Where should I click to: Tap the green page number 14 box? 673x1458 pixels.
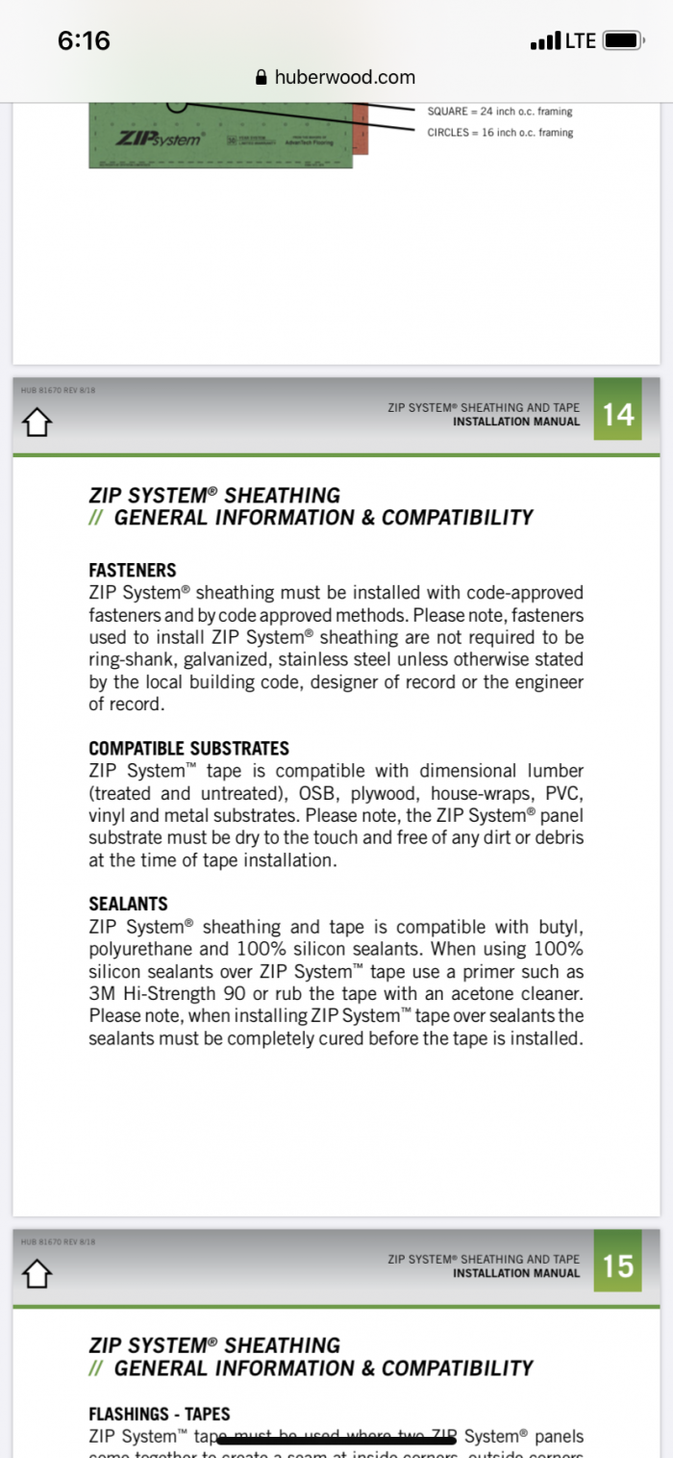(618, 414)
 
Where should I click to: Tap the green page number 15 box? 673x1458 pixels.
(618, 1266)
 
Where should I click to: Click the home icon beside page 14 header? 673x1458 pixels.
(36, 422)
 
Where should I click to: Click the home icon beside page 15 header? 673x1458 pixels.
(36, 1273)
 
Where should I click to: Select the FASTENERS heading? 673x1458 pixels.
(133, 570)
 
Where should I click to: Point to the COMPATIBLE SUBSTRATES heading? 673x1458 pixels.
(188, 748)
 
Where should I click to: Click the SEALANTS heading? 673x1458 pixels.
(128, 904)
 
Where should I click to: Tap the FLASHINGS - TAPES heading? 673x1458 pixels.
(160, 1414)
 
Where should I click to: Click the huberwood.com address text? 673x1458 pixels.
(344, 78)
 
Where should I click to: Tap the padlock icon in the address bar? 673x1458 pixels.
(261, 78)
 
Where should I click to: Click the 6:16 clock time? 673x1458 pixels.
(84, 40)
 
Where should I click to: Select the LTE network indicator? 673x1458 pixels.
(580, 40)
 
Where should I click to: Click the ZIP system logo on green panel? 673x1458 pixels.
(161, 139)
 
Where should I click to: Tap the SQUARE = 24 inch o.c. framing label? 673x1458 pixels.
(500, 112)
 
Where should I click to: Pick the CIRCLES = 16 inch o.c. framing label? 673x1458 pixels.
(500, 133)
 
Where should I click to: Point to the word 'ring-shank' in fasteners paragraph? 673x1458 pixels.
(132, 659)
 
